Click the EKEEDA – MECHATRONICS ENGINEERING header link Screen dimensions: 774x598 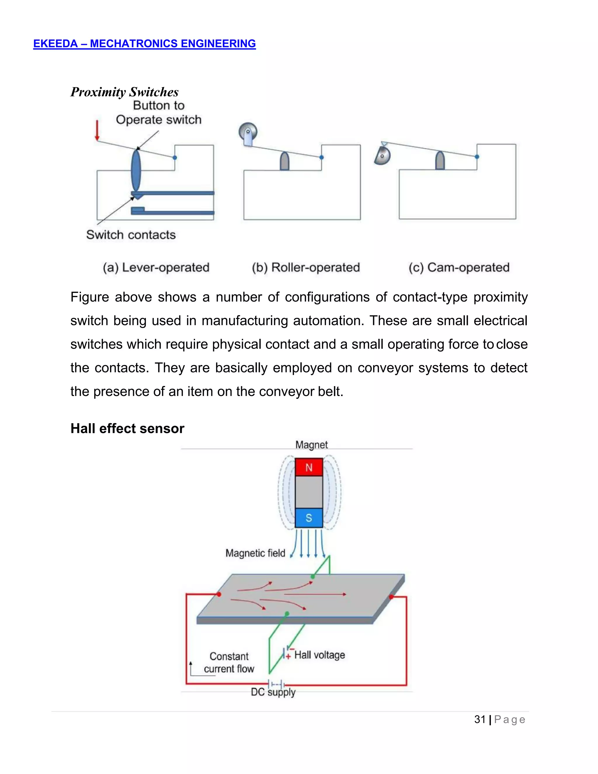(144, 44)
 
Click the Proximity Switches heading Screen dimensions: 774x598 (124, 92)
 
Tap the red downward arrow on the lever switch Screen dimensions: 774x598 (97, 131)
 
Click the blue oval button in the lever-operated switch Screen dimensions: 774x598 (136, 171)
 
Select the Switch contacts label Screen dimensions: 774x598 (131, 235)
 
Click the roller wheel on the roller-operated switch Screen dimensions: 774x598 (248, 132)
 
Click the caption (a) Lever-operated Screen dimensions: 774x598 (156, 267)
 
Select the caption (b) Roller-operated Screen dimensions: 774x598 (306, 267)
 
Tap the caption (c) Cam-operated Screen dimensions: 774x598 (459, 267)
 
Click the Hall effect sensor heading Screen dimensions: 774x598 (127, 428)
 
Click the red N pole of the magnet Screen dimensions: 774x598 (309, 467)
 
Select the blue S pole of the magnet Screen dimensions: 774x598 (309, 518)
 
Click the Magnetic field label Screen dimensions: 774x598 (255, 553)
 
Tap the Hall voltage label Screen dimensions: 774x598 (319, 655)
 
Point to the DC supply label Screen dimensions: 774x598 (273, 692)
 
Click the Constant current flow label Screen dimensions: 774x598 (229, 662)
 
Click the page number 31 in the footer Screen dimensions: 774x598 (480, 719)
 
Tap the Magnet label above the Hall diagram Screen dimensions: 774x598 (311, 445)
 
